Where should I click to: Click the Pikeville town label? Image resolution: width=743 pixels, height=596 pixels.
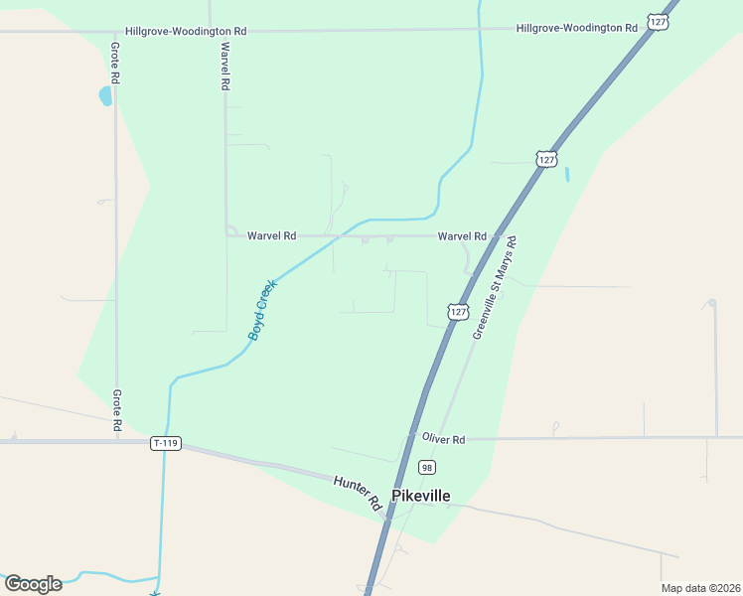tap(421, 496)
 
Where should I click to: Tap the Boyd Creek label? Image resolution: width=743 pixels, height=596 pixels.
tap(262, 311)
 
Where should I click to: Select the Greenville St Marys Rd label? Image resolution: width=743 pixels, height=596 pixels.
tap(496, 288)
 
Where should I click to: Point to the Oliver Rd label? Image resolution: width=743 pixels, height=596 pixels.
tap(443, 438)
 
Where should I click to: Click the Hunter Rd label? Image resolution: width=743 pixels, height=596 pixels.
tap(359, 492)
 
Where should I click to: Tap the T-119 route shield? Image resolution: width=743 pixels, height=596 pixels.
tap(166, 443)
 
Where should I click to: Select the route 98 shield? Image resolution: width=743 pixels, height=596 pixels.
tap(427, 467)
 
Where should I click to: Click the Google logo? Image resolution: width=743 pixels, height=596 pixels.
tap(33, 583)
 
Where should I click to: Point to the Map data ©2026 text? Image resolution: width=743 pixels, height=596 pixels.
tap(699, 588)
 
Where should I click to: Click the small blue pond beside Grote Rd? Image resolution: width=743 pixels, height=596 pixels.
tap(105, 96)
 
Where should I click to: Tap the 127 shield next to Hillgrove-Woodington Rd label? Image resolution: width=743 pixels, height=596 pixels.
tap(659, 21)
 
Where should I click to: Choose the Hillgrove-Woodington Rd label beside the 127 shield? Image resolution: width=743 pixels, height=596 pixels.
tap(576, 29)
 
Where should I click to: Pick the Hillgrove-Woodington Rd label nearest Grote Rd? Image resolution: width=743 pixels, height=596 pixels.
tap(186, 32)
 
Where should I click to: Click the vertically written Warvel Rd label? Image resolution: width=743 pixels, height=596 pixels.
tap(225, 67)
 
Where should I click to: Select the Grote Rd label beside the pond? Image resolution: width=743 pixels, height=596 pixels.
tap(116, 62)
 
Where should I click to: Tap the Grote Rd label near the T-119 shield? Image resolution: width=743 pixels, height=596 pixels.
tap(116, 410)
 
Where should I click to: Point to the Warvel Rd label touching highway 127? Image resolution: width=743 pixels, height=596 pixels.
tap(463, 236)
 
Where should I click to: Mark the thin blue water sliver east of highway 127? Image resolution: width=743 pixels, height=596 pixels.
tap(567, 174)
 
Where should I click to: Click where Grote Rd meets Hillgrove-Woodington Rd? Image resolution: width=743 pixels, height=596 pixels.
tap(116, 32)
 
